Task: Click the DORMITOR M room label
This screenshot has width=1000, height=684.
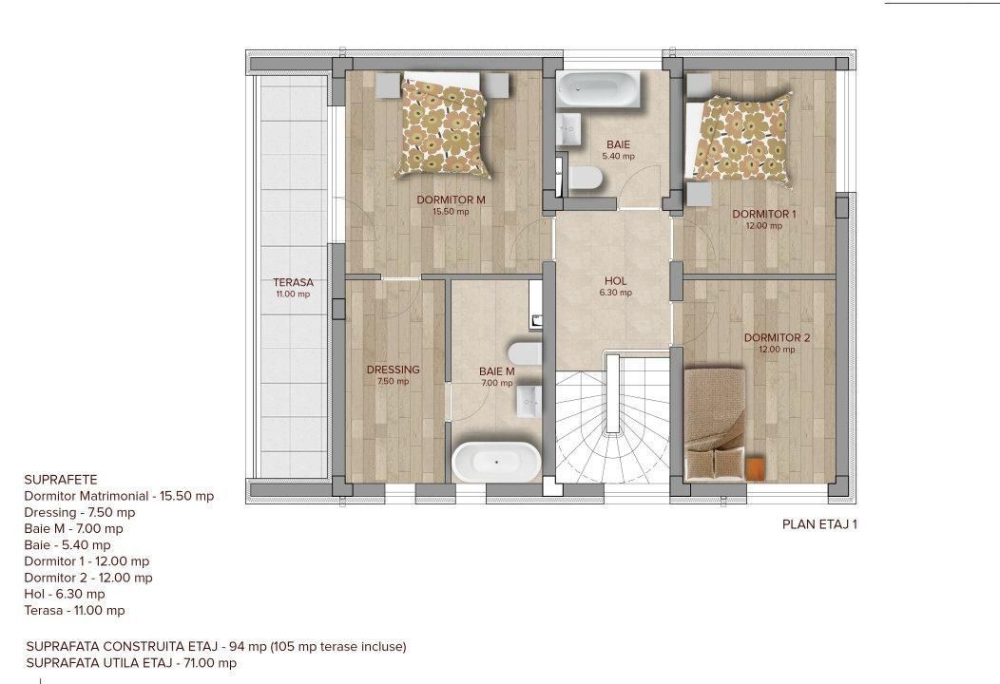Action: [451, 199]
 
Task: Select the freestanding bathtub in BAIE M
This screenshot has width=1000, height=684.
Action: [494, 463]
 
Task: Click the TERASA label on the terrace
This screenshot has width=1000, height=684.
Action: [293, 282]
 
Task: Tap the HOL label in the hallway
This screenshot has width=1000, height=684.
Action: [616, 281]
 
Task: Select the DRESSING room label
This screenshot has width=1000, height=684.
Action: [393, 370]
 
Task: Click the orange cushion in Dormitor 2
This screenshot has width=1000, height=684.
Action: [756, 466]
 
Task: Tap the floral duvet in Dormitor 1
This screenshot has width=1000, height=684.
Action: [740, 136]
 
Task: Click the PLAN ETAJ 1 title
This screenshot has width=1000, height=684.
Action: [819, 523]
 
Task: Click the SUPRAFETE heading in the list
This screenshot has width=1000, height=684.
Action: [61, 480]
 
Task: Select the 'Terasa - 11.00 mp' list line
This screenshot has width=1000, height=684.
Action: [74, 610]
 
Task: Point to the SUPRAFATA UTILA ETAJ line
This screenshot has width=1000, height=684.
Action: [131, 663]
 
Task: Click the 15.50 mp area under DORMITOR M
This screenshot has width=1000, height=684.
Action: [451, 212]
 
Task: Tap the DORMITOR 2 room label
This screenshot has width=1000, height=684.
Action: [777, 337]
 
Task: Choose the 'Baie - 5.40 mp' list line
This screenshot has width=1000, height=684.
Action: [67, 545]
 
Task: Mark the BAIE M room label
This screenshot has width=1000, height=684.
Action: [496, 371]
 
